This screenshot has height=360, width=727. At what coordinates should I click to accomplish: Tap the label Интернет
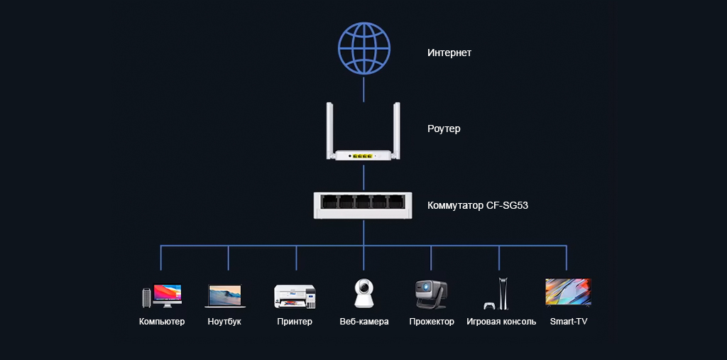coord(449,53)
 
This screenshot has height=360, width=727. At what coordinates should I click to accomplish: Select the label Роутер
coord(444,129)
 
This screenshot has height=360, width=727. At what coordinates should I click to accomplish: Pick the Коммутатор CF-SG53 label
coord(477,206)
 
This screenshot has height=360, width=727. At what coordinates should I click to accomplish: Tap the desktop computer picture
coord(162,295)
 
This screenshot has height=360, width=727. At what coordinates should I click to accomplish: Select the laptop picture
coord(225,296)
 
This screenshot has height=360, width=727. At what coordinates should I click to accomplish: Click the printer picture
coord(295,295)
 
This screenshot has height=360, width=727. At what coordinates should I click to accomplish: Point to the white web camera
coord(364,293)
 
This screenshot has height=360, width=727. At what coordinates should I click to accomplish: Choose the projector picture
coord(431,294)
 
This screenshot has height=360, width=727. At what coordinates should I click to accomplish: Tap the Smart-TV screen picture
coord(568,292)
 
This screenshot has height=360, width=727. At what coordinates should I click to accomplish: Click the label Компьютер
coord(162,322)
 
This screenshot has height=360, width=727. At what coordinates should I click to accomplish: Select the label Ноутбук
coord(224,322)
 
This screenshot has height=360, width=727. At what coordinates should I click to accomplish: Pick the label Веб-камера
coord(364,322)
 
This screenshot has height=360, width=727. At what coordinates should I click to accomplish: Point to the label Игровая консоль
coord(501,322)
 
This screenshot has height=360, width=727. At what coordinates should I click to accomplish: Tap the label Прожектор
coord(432,322)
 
